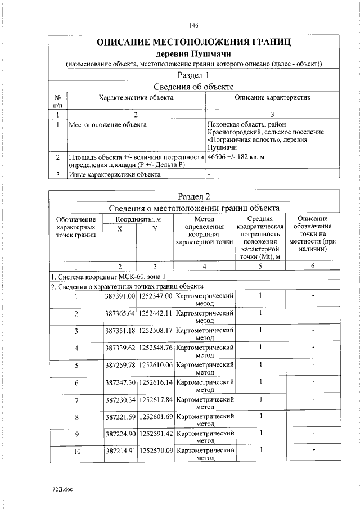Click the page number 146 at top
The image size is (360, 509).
coord(194,25)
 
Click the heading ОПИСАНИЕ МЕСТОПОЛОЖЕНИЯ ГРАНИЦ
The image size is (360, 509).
coord(194,43)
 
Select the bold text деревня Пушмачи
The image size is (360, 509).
coord(194,54)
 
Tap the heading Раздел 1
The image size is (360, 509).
coord(193,75)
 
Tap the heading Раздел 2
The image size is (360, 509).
coord(193,196)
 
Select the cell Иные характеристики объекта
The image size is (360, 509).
coord(114,174)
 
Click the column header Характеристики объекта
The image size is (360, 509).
coord(136,97)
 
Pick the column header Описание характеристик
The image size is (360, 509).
coord(272,97)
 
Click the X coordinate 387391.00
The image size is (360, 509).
coord(120,295)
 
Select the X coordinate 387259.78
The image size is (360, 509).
coord(120,365)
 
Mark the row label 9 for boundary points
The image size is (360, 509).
coord(76,434)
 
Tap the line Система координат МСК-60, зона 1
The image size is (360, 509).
coord(108,276)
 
